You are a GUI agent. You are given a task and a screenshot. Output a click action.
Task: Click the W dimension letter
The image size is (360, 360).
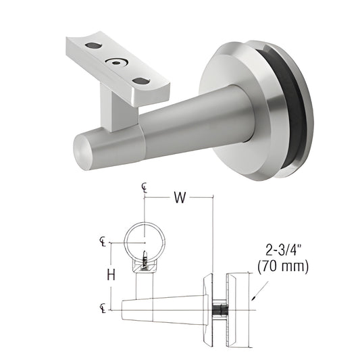coord(179,198)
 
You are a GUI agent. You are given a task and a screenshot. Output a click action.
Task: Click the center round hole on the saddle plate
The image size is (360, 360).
coord(118,63)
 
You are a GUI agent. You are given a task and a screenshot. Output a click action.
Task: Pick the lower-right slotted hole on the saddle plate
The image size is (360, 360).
coord(141,81)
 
